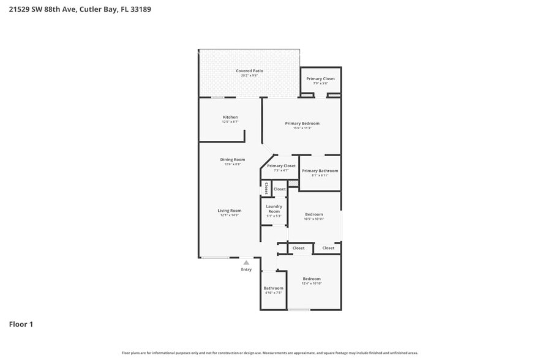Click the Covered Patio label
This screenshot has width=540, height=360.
tap(249, 71)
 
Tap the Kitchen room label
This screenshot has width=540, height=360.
tap(230, 117)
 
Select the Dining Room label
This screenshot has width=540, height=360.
tap(233, 160)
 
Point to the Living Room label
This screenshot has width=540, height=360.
tap(230, 211)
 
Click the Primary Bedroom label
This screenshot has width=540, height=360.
tap(302, 123)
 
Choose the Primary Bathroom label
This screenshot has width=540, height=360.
tap(320, 171)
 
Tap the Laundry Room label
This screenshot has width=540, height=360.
tap(274, 209)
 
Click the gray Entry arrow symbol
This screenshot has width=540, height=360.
tap(246, 263)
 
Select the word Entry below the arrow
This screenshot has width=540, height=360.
tap(246, 269)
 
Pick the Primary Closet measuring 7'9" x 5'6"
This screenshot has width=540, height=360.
tap(320, 78)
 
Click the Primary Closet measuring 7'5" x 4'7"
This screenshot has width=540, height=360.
tap(281, 166)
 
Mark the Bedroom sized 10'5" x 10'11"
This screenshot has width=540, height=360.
tap(314, 214)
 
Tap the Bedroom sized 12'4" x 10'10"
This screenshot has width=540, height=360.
tap(312, 279)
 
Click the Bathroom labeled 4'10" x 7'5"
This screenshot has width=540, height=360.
tap(273, 288)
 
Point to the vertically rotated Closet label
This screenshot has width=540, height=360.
tap(266, 189)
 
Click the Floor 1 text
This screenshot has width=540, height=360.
tap(21, 324)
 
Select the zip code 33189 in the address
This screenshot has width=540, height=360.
tap(139, 9)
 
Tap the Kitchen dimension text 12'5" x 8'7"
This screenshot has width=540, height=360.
tap(230, 122)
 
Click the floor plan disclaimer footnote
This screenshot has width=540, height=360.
tap(269, 353)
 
